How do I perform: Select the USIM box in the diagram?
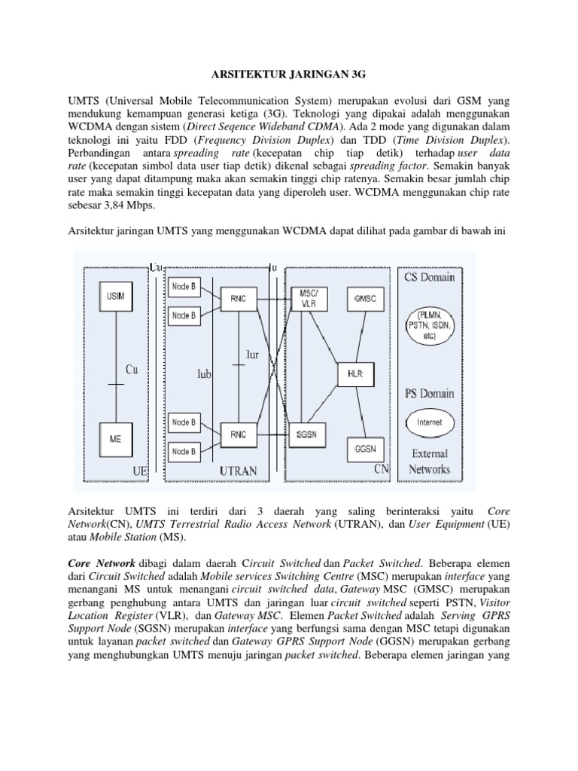[115, 297]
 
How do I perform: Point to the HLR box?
[355, 373]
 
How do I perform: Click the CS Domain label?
[430, 277]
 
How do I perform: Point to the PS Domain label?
[430, 393]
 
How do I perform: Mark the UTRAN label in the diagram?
[238, 471]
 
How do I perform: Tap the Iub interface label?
[204, 373]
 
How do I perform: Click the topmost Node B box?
[184, 287]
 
